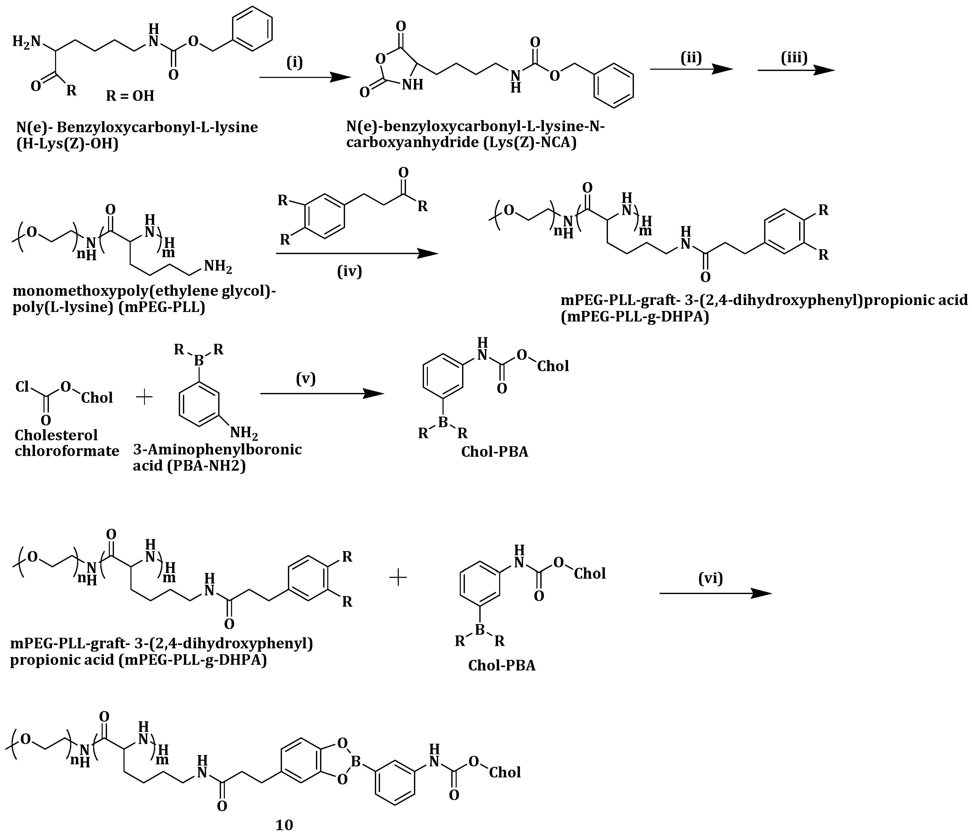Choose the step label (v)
pos(306,378)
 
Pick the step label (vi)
pos(711,579)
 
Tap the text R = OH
pos(130,96)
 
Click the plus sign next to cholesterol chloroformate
pos(144,398)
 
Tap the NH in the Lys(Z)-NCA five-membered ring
pos(413,85)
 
